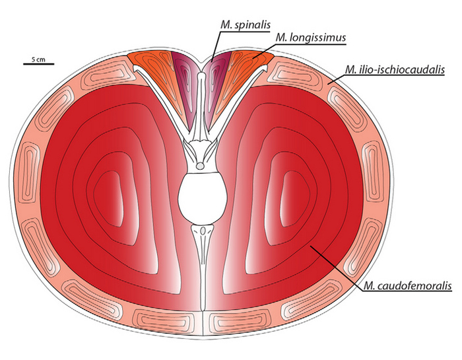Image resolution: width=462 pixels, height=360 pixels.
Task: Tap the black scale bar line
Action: pyautogui.click(x=38, y=64)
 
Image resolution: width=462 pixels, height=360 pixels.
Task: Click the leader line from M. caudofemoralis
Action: pyautogui.click(x=337, y=264)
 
